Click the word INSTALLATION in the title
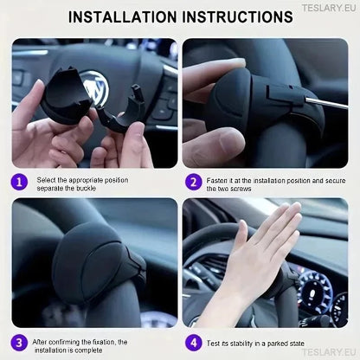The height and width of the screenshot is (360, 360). [123, 16]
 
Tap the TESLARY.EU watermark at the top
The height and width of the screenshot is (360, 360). [331, 7]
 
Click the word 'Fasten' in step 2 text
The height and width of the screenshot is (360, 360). [220, 180]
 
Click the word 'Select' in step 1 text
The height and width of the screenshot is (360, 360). [47, 180]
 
